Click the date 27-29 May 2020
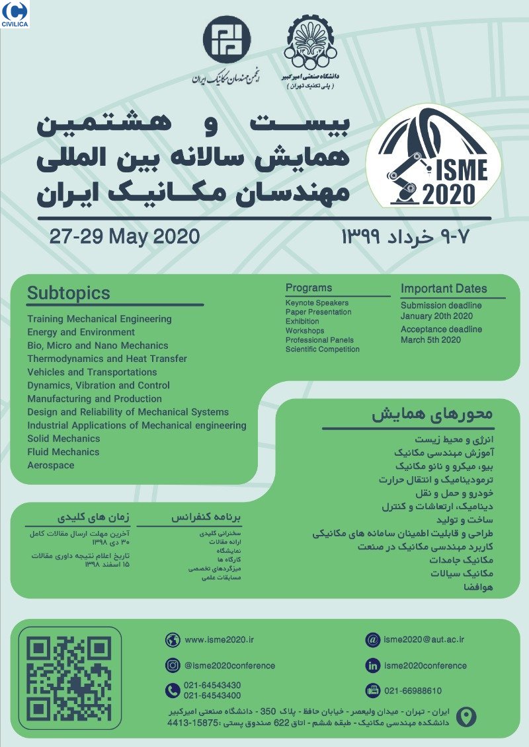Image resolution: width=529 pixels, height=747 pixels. pos(124,236)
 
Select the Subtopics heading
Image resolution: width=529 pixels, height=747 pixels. pos(69,293)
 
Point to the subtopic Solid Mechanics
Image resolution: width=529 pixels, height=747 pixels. pos(63,439)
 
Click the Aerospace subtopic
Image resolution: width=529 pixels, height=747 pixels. pos(51,465)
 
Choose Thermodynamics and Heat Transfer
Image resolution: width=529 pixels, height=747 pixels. pos(107,359)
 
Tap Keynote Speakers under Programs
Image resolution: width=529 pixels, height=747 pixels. pos(317,303)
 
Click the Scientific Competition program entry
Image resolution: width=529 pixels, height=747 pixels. pos(323,349)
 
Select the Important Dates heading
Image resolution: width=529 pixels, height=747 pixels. pos(444,289)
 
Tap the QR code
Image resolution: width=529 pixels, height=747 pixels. pos(69,682)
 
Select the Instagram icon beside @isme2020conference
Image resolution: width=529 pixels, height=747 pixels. pos(173,665)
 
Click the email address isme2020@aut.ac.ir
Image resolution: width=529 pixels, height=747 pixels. pos(425,639)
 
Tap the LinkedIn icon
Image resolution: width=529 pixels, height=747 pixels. pos(372,665)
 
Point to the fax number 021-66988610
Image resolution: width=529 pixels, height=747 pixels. pos(413,691)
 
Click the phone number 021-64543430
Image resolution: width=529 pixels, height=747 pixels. pos(212,686)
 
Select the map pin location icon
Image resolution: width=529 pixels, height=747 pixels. pos(467,717)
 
